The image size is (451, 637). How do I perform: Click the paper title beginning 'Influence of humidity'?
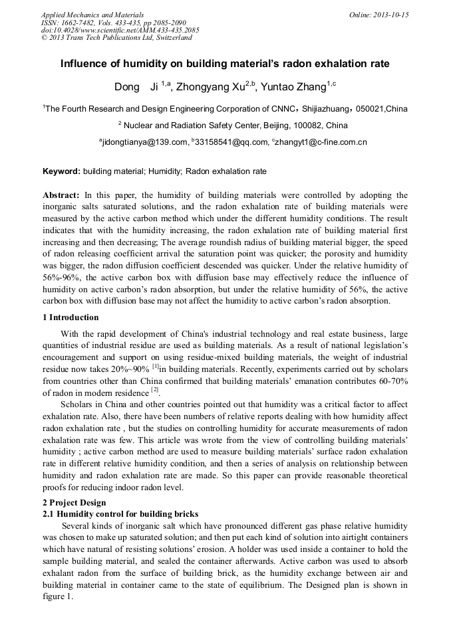coord(225,64)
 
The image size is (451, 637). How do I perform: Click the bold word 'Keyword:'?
coord(62,171)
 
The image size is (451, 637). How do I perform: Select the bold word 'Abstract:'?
coord(61,195)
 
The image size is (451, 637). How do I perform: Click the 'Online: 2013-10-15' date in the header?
coord(379,15)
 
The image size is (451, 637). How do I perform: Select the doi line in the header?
coord(120,31)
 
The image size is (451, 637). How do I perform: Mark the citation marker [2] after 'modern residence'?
coord(154,391)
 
